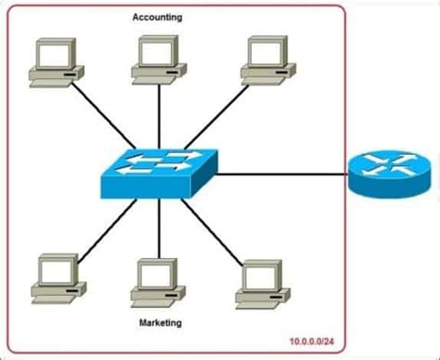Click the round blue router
tap(389, 171)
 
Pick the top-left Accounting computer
tap(50, 62)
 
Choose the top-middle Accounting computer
tap(152, 59)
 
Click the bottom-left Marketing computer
tap(50, 277)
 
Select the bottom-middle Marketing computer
tap(152, 282)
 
